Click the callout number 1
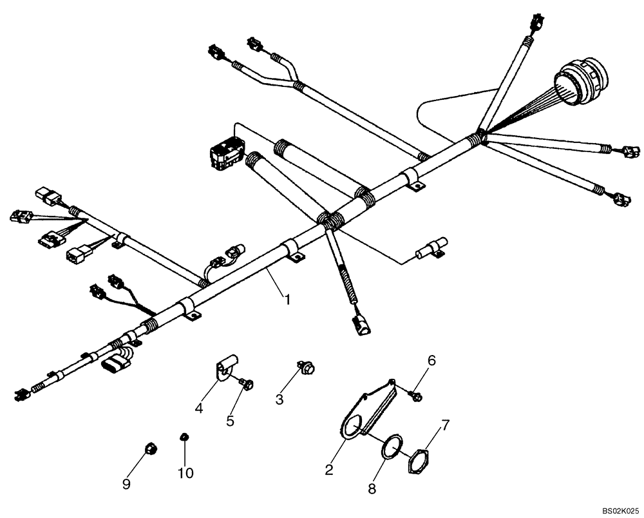click(288, 300)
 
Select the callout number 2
click(329, 471)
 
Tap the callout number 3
click(279, 399)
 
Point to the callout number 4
click(200, 408)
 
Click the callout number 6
click(431, 361)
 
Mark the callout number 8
click(372, 489)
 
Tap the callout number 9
click(127, 483)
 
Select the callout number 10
click(185, 474)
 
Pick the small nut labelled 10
click(183, 439)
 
